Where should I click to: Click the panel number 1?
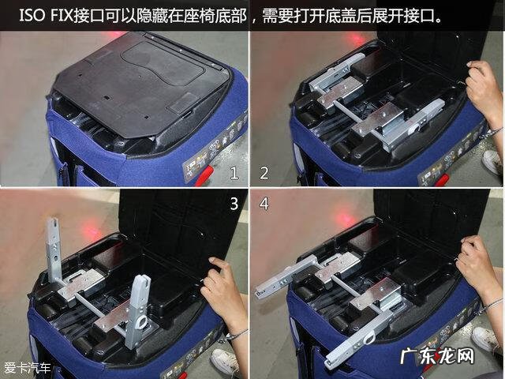[x=234, y=172]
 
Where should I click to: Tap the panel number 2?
[x=264, y=172]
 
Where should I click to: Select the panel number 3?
[x=234, y=204]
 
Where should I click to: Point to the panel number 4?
[x=264, y=204]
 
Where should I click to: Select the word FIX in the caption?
[x=69, y=16]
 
